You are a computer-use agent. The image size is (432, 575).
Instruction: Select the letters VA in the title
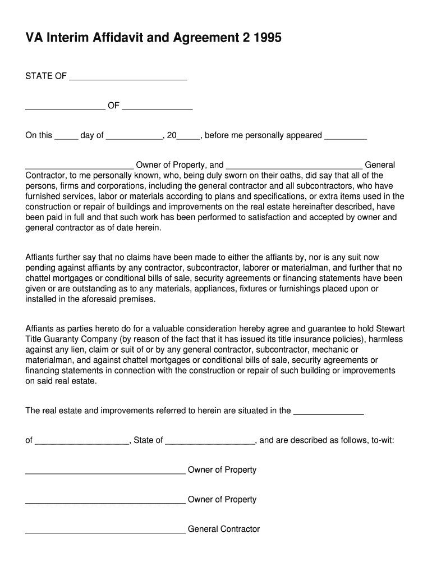34,38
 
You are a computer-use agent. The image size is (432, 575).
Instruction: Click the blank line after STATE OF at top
127,79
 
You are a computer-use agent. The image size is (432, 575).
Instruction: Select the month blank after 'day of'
134,138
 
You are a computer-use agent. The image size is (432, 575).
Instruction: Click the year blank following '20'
189,138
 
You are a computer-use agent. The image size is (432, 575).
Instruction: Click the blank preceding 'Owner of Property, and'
80,167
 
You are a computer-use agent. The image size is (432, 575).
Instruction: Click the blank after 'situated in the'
329,413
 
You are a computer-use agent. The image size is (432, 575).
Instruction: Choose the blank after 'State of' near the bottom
210,443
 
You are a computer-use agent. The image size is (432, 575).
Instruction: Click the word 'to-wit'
382,440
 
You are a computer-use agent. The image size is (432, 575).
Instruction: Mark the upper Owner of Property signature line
105,473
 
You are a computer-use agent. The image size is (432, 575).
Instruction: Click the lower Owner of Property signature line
105,503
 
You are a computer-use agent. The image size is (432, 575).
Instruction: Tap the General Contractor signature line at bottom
105,532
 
